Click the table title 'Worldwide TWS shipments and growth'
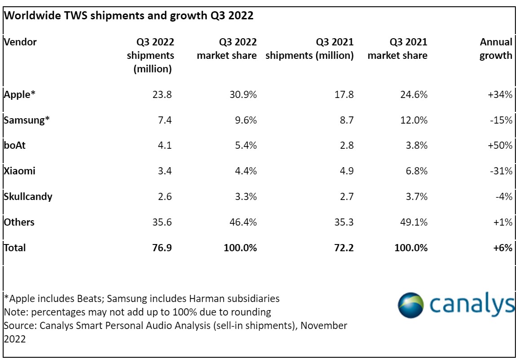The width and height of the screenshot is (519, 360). click(x=129, y=16)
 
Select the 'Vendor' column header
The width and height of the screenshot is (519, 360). click(x=20, y=42)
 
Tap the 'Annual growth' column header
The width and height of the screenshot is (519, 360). click(x=496, y=49)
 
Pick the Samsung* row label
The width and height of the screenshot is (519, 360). click(x=26, y=120)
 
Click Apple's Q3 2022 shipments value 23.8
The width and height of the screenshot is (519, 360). click(x=162, y=94)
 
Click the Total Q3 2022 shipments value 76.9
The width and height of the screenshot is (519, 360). click(x=162, y=248)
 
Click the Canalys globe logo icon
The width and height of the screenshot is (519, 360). click(x=411, y=305)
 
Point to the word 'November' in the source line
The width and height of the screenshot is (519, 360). click(x=324, y=325)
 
